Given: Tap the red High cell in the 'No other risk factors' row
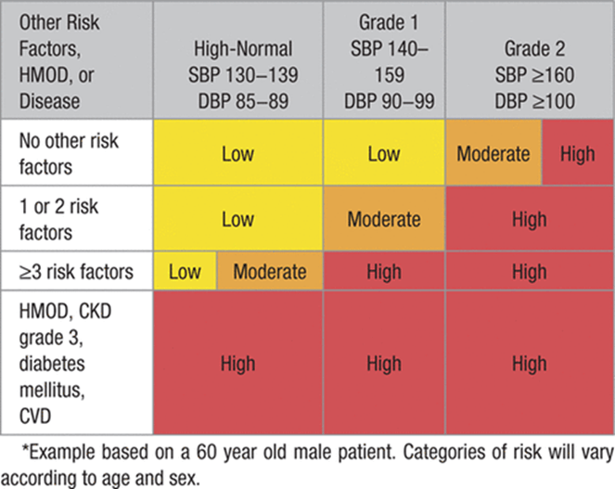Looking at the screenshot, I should pyautogui.click(x=577, y=154).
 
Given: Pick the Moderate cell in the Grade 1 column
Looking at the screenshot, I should pyautogui.click(x=383, y=220).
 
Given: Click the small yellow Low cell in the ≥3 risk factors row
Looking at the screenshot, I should pyautogui.click(x=186, y=272).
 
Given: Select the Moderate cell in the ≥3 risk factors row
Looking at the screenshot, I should pyautogui.click(x=269, y=272).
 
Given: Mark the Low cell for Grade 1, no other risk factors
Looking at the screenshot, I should pyautogui.click(x=383, y=154).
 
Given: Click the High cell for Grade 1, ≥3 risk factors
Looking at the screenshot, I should pyautogui.click(x=383, y=272).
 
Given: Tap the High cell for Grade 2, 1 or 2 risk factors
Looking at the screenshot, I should pyautogui.click(x=529, y=220).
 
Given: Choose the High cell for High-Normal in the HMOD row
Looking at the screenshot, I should pyautogui.click(x=237, y=364).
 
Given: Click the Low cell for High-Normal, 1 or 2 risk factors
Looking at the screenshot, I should pyautogui.click(x=237, y=220).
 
